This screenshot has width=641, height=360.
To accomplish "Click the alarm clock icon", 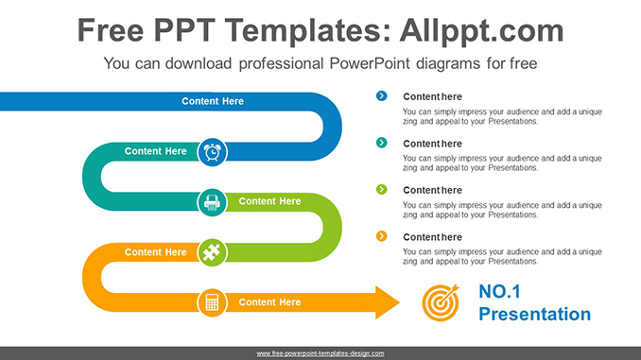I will tap(213, 151).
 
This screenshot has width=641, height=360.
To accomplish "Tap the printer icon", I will tap(213, 201).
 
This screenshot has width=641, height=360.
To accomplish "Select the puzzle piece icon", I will tap(213, 252).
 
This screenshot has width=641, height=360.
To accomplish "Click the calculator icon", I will tap(213, 302).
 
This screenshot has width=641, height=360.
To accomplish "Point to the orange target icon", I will tap(441, 302).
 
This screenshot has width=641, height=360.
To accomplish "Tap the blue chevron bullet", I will tap(381, 95).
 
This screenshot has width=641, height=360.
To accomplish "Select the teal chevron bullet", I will tap(381, 143).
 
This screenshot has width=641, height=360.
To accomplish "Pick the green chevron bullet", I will tap(381, 189).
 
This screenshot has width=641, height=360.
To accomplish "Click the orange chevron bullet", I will tap(381, 236).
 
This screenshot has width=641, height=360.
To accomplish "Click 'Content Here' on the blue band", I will tap(213, 101).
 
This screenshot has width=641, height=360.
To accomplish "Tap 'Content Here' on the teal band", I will tap(156, 151).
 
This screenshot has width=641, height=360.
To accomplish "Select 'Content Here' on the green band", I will tap(269, 201).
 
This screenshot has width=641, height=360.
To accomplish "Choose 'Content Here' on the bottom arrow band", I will tap(269, 302).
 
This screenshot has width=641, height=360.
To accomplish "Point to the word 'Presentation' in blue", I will tap(534, 315).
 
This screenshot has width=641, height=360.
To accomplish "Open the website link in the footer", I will tap(320, 352).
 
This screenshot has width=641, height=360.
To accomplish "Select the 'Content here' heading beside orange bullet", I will tap(432, 237).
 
